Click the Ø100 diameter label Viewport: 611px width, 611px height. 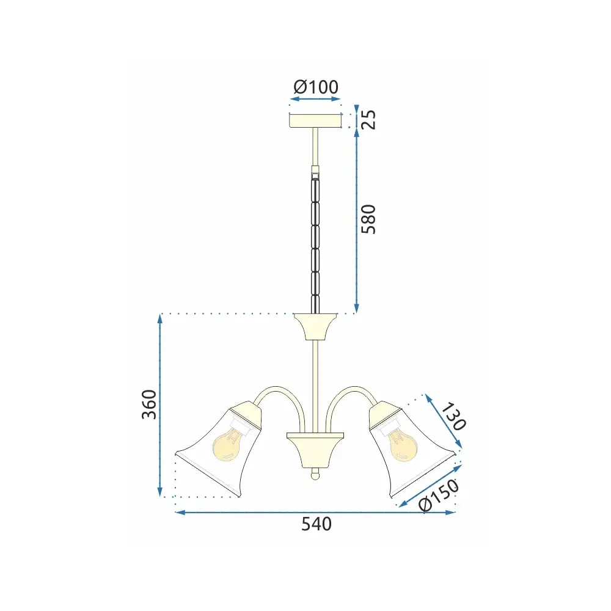pyautogui.click(x=316, y=87)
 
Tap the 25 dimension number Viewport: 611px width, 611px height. pyautogui.click(x=368, y=120)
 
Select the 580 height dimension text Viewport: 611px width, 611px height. pyautogui.click(x=368, y=219)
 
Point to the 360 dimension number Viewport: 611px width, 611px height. pyautogui.click(x=149, y=404)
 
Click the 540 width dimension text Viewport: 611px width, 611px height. pyautogui.click(x=316, y=524)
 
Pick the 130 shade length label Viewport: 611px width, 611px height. pyautogui.click(x=453, y=417)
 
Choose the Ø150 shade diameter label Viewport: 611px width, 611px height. pyautogui.click(x=438, y=495)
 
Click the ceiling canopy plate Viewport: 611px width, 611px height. pyautogui.click(x=315, y=120)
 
